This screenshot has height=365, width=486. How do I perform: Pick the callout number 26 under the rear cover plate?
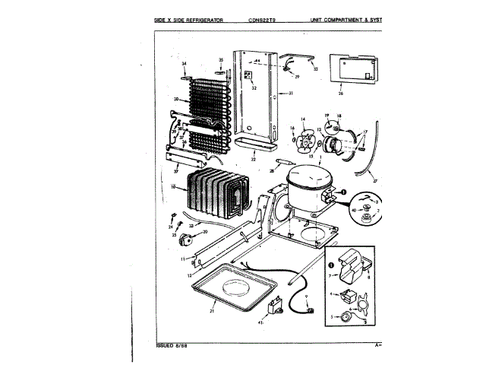click(340, 94)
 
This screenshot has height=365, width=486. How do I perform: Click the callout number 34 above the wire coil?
click(184, 65)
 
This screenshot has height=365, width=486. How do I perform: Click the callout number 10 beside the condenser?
click(174, 186)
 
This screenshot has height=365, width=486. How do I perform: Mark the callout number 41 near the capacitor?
click(260, 322)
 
